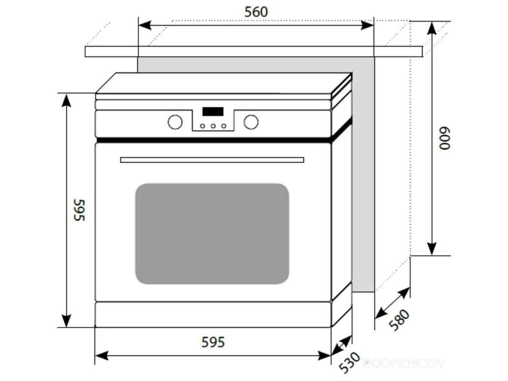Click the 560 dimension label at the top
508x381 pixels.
[x=256, y=12]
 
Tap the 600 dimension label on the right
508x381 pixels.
[x=445, y=138]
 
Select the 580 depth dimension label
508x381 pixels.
[x=398, y=320]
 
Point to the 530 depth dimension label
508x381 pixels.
[x=349, y=362]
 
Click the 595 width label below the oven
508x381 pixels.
[x=213, y=342]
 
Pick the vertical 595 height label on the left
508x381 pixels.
[x=79, y=210]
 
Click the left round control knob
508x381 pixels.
[x=175, y=122]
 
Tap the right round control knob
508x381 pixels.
[x=251, y=122]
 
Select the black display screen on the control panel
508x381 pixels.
[x=213, y=112]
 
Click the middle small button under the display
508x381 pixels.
[x=213, y=126]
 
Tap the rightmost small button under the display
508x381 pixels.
[x=223, y=126]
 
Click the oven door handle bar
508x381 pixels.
[x=212, y=160]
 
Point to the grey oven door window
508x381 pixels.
[x=212, y=233]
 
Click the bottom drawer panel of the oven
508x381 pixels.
[x=213, y=314]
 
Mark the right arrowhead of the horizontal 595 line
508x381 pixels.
[x=325, y=355]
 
